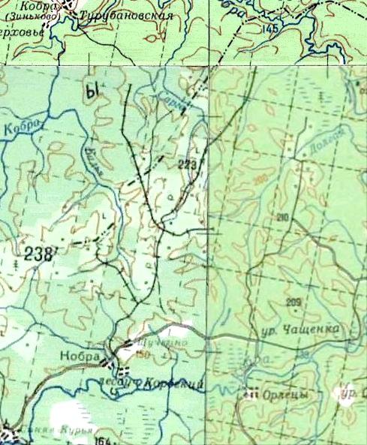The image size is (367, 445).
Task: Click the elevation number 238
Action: tap(38, 254)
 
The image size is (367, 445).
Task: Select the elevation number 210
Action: tap(282, 218)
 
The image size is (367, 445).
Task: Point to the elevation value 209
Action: tap(293, 302)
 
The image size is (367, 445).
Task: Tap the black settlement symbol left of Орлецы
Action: tap(253, 392)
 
